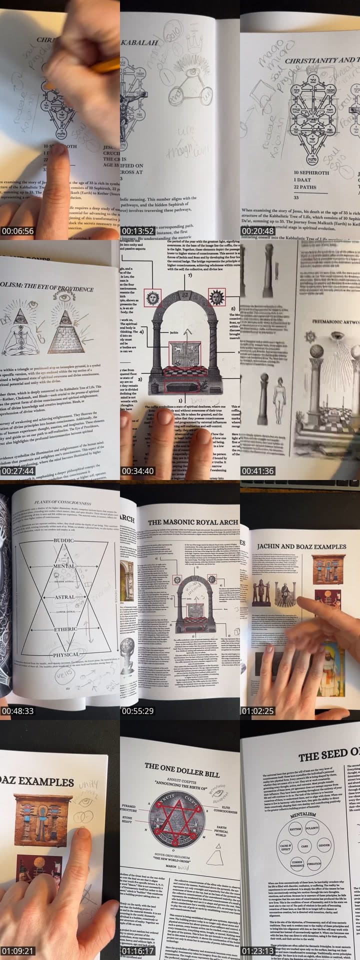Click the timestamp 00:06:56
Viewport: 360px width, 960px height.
tap(17, 231)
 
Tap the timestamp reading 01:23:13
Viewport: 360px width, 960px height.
tap(258, 951)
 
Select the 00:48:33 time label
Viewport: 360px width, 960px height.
tap(17, 711)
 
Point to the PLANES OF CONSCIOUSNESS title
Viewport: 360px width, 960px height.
tap(62, 502)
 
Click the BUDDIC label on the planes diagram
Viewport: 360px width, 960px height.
tap(63, 541)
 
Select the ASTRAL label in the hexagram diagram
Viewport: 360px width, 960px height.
tap(65, 597)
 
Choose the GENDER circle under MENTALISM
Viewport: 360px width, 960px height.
tap(324, 845)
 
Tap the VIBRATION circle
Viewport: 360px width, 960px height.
tap(314, 863)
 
